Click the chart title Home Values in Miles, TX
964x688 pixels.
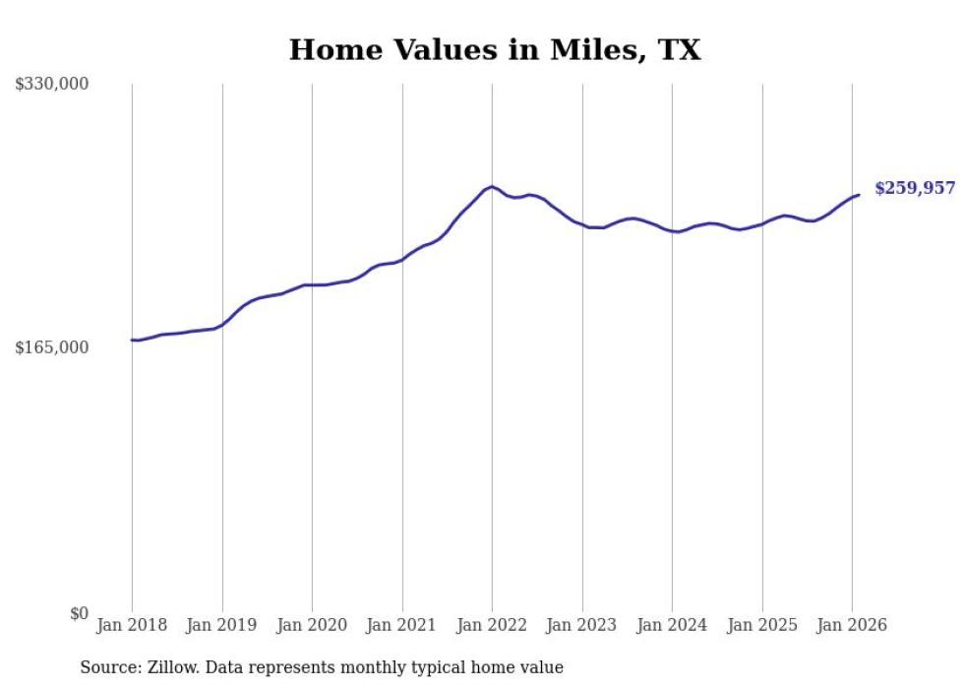pos(495,50)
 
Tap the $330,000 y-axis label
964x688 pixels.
pos(52,85)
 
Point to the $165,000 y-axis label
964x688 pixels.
pos(52,347)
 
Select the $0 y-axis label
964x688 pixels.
pos(79,613)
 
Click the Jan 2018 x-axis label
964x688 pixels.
pos(132,626)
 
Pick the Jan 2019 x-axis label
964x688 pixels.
pos(222,626)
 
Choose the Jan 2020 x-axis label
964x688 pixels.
pos(312,626)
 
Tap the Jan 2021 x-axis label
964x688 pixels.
pos(402,626)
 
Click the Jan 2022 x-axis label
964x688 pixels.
pos(492,626)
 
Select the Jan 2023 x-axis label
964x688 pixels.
pos(582,626)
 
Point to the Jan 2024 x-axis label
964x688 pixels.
pos(672,626)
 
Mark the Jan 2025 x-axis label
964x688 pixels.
pos(762,626)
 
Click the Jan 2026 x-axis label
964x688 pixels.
pos(852,626)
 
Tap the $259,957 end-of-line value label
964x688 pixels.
pos(915,188)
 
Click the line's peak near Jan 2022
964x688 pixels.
pos(492,186)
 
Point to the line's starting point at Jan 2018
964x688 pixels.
pos(132,340)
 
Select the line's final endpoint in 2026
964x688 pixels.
pos(859,195)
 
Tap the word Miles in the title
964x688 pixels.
pos(580,50)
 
